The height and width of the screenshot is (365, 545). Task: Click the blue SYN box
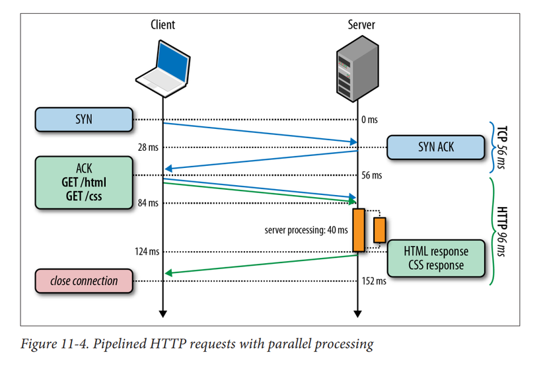[x=84, y=120]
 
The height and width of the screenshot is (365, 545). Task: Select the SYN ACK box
[x=435, y=147]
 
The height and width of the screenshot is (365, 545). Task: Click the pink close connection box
[x=84, y=281]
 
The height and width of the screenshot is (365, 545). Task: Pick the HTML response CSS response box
[x=435, y=259]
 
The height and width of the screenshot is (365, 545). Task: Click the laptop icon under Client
[x=162, y=66]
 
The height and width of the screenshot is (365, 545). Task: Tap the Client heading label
[x=163, y=25]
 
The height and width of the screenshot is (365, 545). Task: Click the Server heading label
[x=361, y=25]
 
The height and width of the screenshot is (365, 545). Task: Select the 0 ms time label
[x=370, y=120]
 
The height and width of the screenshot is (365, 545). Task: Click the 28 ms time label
[x=147, y=147]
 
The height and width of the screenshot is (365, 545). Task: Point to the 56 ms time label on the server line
[x=372, y=176]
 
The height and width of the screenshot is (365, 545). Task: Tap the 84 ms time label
[x=147, y=203]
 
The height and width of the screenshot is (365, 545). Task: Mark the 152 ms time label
[x=374, y=281]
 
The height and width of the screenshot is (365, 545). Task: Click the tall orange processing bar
[x=359, y=230]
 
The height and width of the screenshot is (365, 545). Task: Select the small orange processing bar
[x=379, y=229]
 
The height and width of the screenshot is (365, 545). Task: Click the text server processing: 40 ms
[x=306, y=230]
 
